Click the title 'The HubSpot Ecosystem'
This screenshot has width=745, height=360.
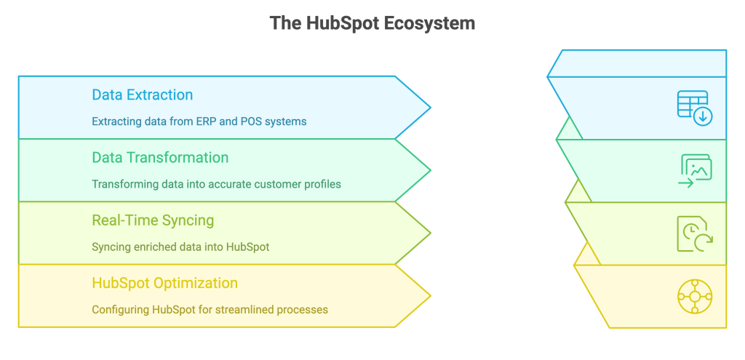tap(372, 23)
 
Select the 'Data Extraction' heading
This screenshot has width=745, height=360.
tap(142, 95)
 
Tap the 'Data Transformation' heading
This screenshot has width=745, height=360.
tap(160, 158)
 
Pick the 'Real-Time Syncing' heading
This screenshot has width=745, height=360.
tap(153, 221)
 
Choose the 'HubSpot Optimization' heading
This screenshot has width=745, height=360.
tap(164, 284)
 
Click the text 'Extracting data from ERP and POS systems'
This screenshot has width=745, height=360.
tap(199, 121)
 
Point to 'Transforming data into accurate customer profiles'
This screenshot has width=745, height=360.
tap(216, 184)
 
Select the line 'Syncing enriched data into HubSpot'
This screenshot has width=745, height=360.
tap(180, 247)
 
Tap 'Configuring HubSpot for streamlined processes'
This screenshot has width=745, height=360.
tap(210, 310)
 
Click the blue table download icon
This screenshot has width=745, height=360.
tap(695, 108)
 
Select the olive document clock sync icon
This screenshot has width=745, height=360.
tap(695, 233)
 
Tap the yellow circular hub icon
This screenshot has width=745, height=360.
tap(695, 296)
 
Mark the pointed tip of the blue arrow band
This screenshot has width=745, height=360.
tap(431, 108)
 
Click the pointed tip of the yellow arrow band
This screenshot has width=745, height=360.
tap(431, 296)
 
